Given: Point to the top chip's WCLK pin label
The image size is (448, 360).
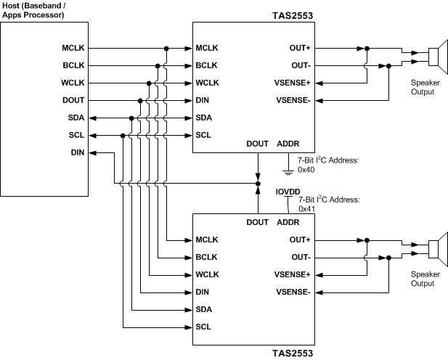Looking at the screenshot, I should coord(208,83).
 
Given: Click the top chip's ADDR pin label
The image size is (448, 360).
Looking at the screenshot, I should coord(288,143).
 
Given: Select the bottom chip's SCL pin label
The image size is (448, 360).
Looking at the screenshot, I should coord(204,327).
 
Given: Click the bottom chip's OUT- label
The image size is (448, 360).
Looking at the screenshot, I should coord(301,257).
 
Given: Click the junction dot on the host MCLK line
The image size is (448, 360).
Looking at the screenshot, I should coord(166,49).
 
